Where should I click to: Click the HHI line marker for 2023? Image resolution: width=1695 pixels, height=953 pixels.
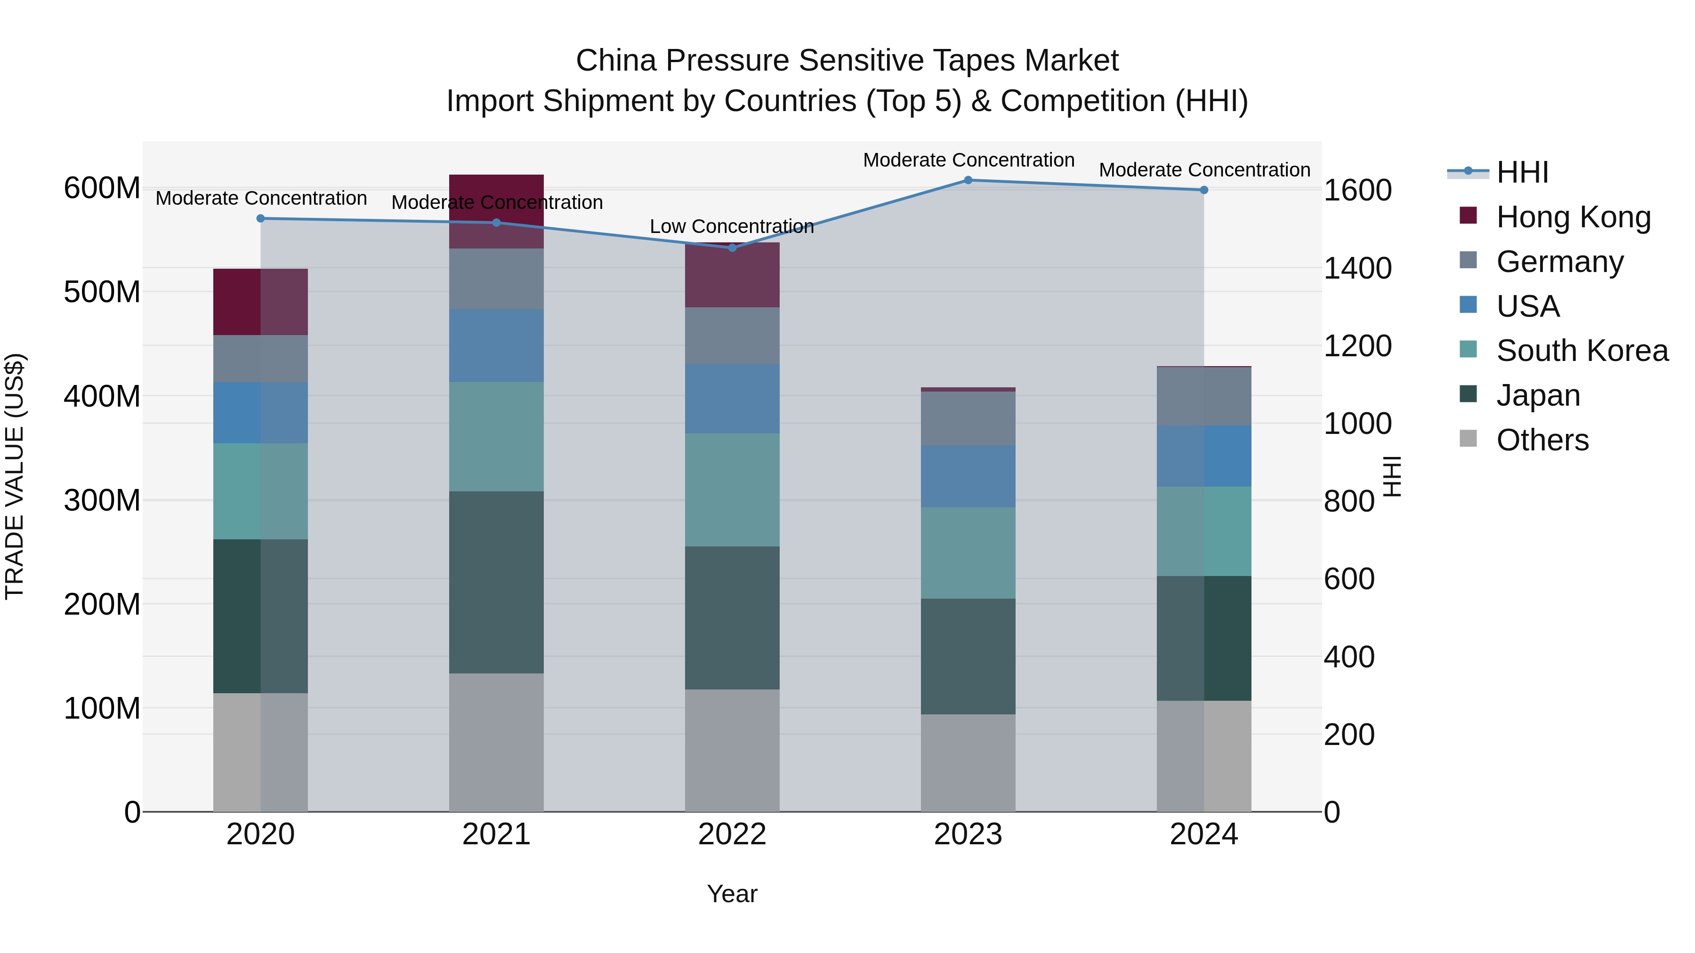968,180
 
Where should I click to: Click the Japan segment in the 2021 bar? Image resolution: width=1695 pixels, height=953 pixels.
496,582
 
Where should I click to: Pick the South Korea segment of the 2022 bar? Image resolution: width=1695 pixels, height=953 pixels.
732,490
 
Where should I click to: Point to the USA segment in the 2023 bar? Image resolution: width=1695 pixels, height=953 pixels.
968,476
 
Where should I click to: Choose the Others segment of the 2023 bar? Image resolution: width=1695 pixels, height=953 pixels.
968,763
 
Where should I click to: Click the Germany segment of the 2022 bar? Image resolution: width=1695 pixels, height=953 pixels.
732,336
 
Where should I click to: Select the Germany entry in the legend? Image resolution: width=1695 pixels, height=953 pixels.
1559,262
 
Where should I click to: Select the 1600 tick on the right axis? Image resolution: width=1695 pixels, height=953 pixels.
1357,191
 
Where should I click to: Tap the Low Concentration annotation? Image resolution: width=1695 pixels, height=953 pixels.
732,226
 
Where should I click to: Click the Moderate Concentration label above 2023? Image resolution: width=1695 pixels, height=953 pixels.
969,160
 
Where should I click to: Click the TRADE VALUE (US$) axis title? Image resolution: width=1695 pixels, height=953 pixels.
15,476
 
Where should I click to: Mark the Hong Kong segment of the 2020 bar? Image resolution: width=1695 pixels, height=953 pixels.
260,302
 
